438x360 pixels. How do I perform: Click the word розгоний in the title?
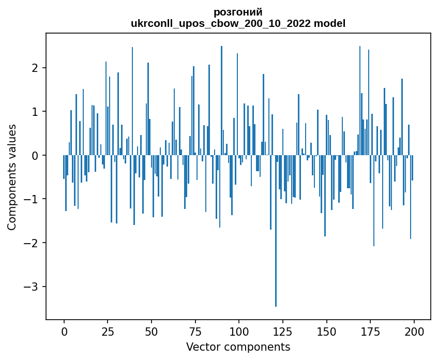click(x=238, y=12)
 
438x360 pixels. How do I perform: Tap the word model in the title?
click(x=331, y=24)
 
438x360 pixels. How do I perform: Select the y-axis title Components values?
click(x=12, y=177)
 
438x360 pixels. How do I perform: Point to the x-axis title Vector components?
click(x=238, y=347)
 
